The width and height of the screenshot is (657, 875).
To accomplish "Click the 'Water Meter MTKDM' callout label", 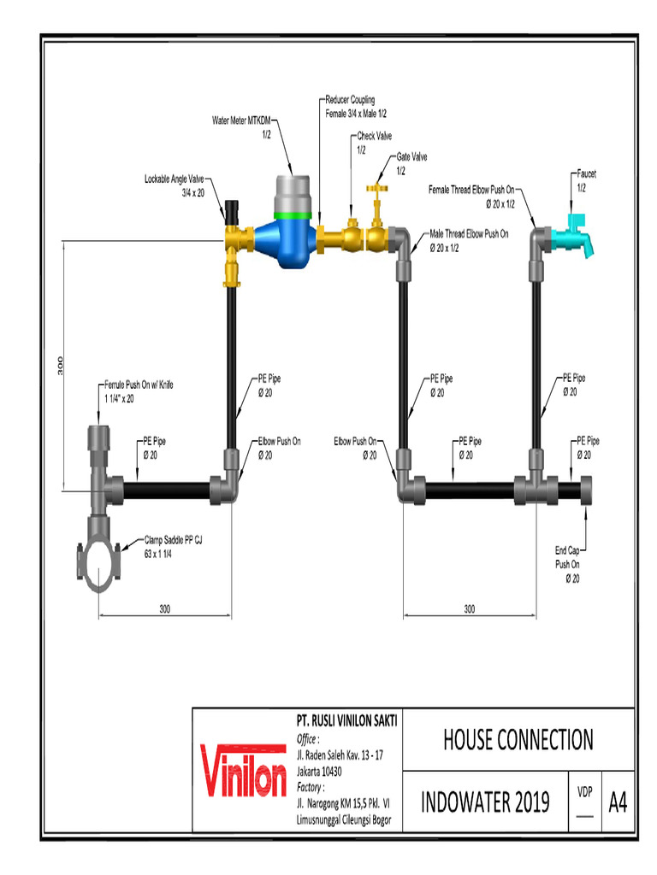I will [240, 126].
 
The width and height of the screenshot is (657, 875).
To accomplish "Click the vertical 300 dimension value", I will [60, 366].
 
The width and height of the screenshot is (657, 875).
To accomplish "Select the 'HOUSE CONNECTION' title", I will [518, 739].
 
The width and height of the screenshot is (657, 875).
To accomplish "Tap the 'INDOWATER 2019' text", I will [484, 803].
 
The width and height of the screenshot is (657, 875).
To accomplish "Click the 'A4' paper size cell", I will [618, 803].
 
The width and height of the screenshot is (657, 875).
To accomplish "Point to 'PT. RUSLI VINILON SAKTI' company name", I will [346, 723].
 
